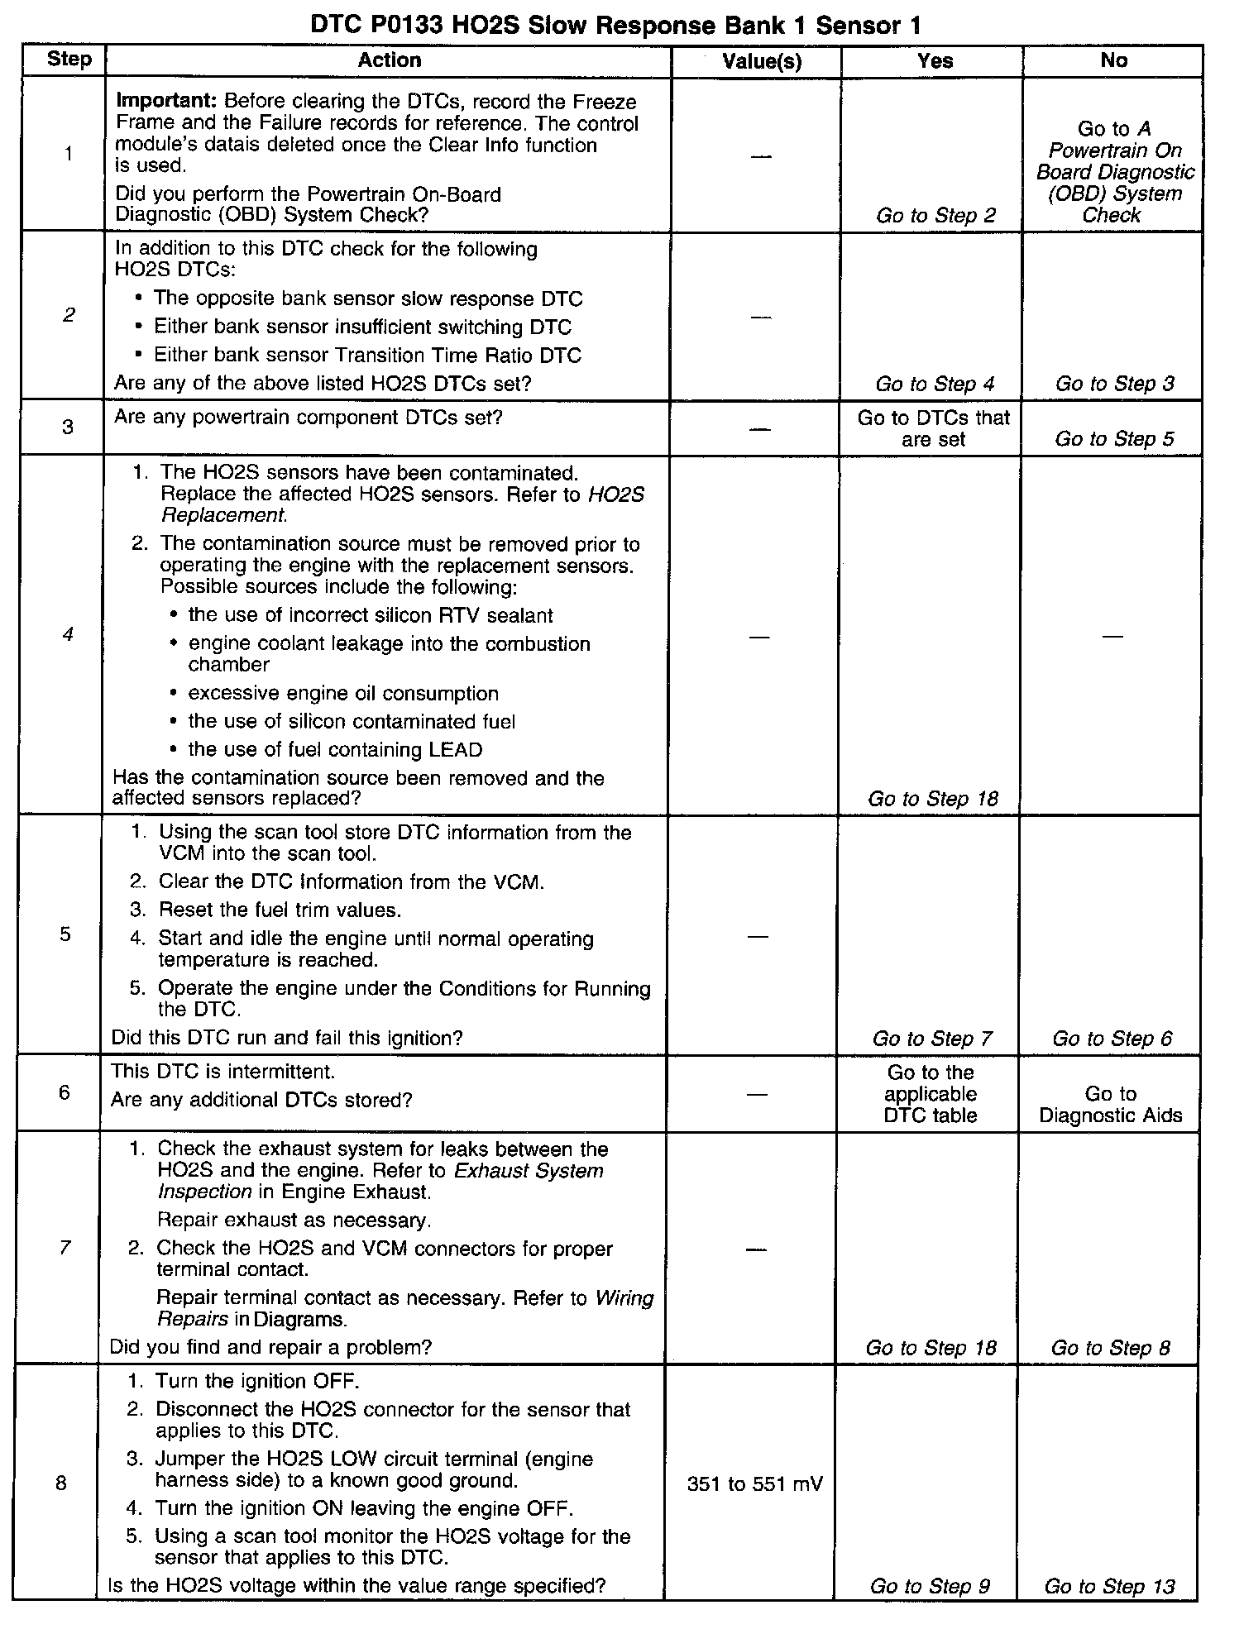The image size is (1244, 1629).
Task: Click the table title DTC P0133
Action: [x=615, y=26]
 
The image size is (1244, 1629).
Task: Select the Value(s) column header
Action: [x=761, y=60]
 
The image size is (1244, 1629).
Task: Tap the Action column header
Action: [x=390, y=60]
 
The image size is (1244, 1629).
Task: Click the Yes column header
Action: [x=935, y=60]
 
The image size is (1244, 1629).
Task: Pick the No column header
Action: [x=1113, y=60]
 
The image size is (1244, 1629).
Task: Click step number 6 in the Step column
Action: [x=65, y=1092]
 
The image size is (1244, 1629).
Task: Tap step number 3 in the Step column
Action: [x=67, y=427]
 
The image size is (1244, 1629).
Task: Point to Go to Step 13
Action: [x=1109, y=1586]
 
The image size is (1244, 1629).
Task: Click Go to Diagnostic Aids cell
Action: [x=1110, y=1105]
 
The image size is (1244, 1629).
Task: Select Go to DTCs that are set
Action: [x=933, y=428]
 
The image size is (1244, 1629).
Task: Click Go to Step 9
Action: [x=930, y=1586]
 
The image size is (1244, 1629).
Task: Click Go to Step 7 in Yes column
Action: [x=932, y=1039]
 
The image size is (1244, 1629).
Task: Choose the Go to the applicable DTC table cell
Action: [x=931, y=1093]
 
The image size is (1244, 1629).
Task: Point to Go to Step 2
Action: [x=936, y=216]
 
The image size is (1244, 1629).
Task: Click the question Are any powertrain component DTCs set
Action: [x=308, y=418]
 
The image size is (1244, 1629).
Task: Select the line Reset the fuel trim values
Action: [x=280, y=910]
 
